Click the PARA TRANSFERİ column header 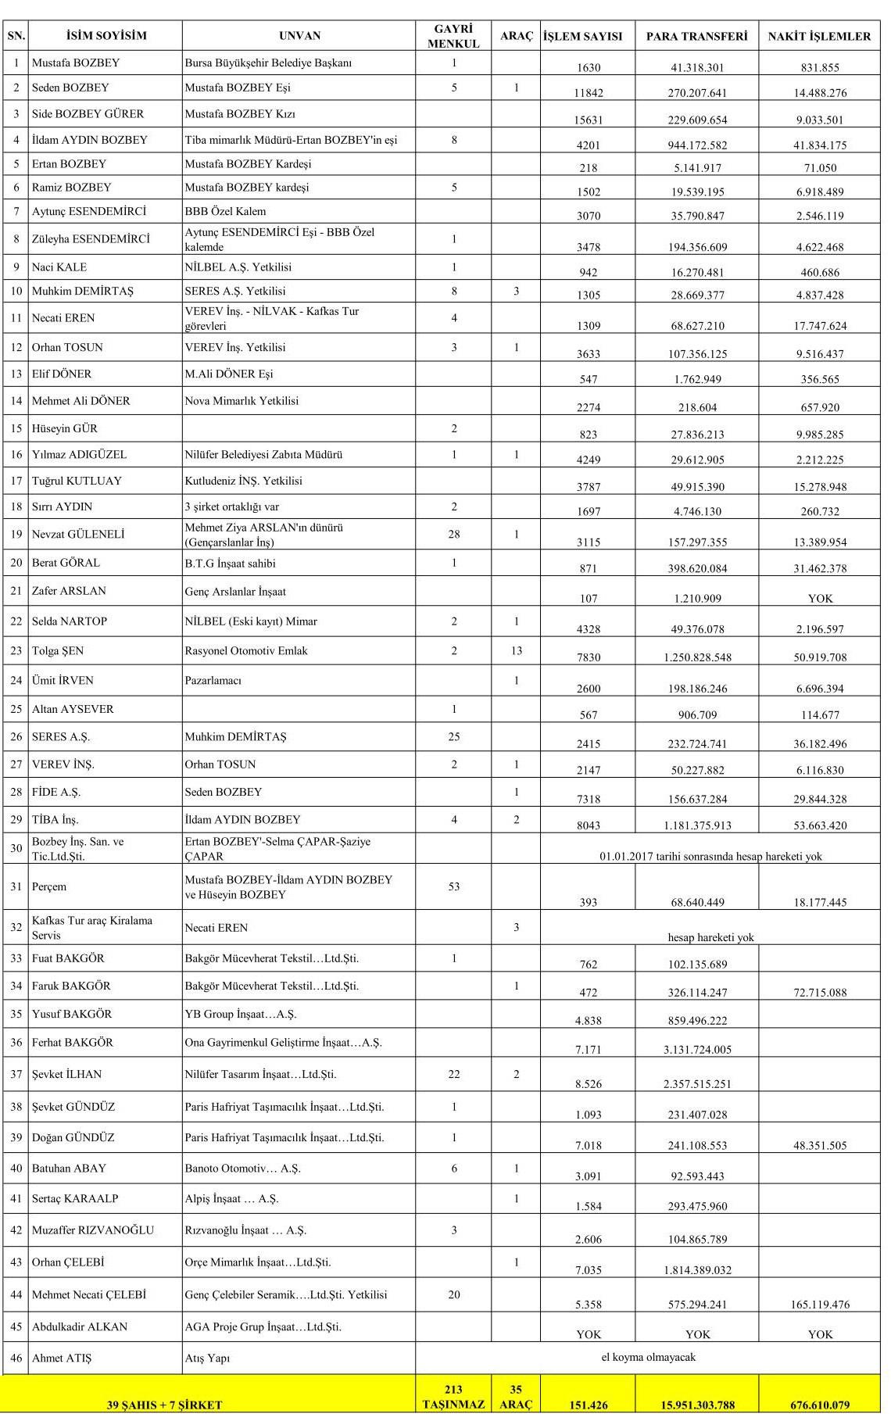pos(696,36)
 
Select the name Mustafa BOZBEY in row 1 pos(76,63)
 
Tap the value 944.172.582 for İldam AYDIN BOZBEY pos(697,145)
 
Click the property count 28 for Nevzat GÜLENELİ pos(454,534)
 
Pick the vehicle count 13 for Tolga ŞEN pos(516,650)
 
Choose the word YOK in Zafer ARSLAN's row pos(820,599)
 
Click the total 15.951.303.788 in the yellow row pos(697,1404)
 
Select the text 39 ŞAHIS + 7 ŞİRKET pos(164,1405)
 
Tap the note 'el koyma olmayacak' pos(648,1357)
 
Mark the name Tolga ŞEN pos(58,650)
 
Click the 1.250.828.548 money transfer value pos(697,657)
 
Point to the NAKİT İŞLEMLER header pos(819,36)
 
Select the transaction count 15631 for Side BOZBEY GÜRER pos(589,120)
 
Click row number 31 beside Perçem pos(16,886)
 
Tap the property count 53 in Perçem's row pos(454,886)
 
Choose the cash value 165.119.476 pos(820,1304)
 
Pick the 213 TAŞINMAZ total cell pos(453,1396)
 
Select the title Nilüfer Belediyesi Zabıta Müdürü pos(263,454)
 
